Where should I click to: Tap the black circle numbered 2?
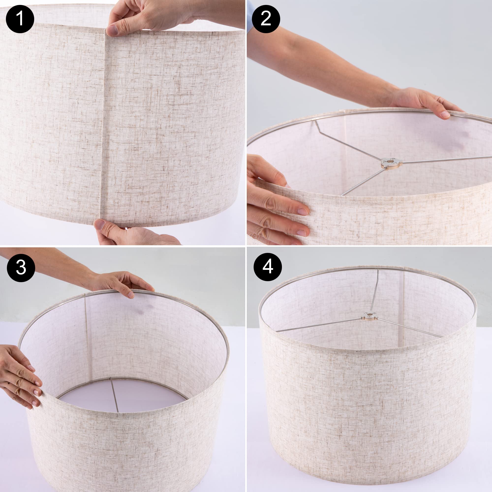pyautogui.click(x=266, y=19)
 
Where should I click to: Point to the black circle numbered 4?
pyautogui.click(x=268, y=267)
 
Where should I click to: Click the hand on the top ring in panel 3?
pyautogui.click(x=122, y=283)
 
